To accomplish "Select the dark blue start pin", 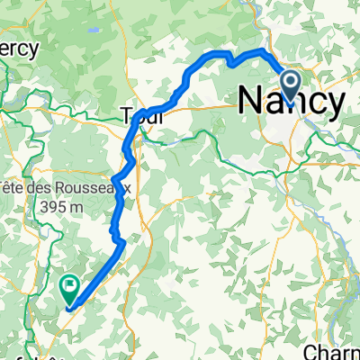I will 292,85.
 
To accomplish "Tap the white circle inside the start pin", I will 292,82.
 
